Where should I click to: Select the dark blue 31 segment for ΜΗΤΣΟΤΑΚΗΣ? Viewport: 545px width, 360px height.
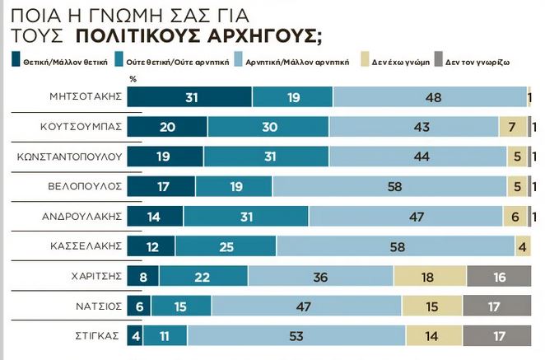[x=190, y=96]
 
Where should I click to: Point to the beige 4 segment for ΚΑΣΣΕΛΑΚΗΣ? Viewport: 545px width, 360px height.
[x=523, y=246]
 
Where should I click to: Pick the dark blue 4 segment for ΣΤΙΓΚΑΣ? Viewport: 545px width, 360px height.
[x=134, y=336]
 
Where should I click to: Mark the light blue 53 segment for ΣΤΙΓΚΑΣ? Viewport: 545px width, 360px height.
[x=296, y=336]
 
